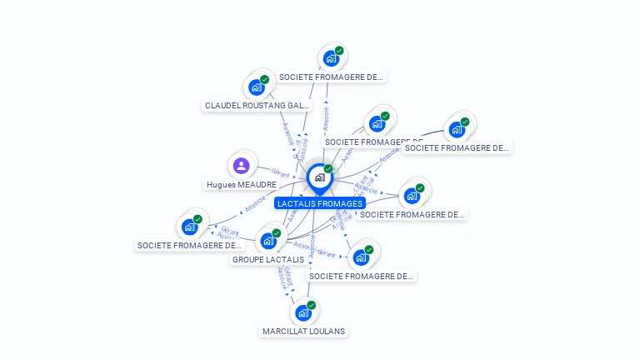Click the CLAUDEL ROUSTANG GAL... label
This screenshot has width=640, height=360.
click(x=257, y=106)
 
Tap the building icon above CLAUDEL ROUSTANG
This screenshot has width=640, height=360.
click(x=257, y=86)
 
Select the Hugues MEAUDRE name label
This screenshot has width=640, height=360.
click(x=241, y=184)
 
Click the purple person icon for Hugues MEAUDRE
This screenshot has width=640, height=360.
click(x=241, y=165)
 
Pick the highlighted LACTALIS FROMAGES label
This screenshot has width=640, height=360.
click(x=320, y=203)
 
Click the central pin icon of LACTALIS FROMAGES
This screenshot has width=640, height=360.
click(x=319, y=177)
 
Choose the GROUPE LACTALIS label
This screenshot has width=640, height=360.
click(x=268, y=259)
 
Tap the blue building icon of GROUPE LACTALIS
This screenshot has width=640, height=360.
click(x=268, y=241)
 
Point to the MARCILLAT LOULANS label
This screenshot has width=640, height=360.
click(x=303, y=331)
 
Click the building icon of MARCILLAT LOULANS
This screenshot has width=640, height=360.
click(x=303, y=313)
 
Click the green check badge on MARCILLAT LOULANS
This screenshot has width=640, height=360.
click(x=311, y=305)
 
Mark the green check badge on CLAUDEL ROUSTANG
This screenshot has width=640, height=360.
click(x=264, y=79)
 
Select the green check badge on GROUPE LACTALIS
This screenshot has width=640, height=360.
click(x=276, y=233)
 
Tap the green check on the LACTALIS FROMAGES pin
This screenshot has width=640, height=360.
click(x=328, y=169)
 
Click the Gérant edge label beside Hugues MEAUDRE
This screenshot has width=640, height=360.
click(x=280, y=174)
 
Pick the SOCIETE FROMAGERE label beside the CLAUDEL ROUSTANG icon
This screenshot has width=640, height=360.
click(x=332, y=77)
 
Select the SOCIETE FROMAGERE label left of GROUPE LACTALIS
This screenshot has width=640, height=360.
click(x=189, y=245)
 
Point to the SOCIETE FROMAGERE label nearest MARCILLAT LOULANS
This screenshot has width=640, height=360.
click(x=361, y=276)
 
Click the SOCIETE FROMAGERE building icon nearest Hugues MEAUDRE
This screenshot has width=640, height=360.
click(x=190, y=226)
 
